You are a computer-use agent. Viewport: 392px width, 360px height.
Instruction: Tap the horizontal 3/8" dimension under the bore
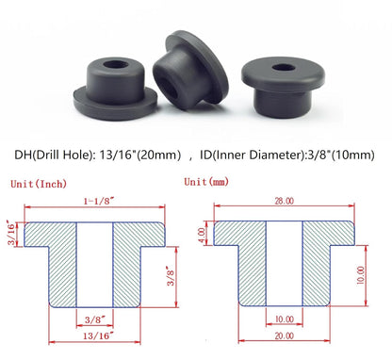pos(94,320)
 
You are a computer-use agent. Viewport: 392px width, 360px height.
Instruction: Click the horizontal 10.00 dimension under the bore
pos(284,320)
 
